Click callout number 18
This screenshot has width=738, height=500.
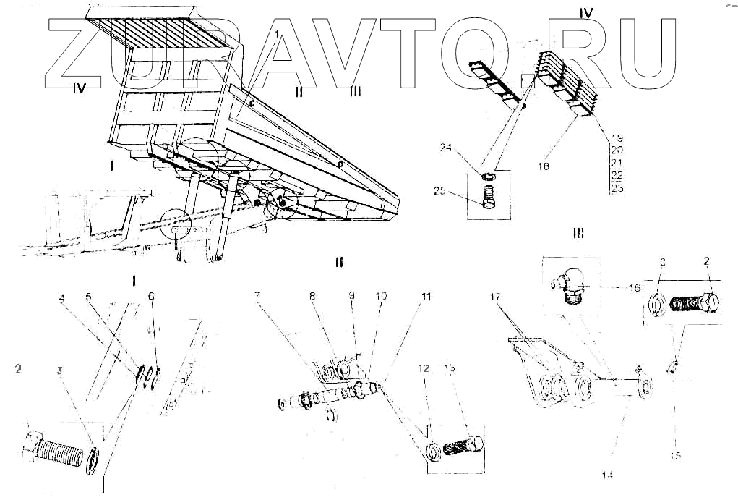(544, 166)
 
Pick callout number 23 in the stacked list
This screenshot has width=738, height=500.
(617, 188)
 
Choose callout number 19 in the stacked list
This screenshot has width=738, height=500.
(617, 137)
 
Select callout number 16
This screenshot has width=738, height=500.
(635, 287)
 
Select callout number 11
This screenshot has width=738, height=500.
(426, 297)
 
